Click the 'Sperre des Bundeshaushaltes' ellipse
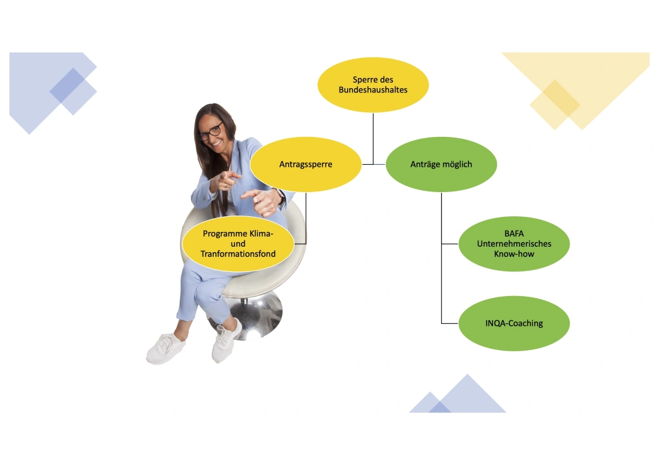click(373, 84)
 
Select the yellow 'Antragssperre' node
click(305, 164)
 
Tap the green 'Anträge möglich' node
click(441, 164)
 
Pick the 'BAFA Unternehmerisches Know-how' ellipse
click(514, 243)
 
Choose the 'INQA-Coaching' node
click(514, 323)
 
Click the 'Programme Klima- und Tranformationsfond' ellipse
click(238, 243)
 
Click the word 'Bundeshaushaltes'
click(373, 89)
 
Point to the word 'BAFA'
click(514, 233)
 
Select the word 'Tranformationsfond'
click(238, 254)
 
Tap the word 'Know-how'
click(514, 254)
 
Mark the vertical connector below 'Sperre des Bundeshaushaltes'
click(373, 138)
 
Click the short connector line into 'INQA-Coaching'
click(450, 323)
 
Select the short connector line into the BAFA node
click(450, 243)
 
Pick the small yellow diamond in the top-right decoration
click(555, 105)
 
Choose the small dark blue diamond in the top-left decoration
click(73, 91)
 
